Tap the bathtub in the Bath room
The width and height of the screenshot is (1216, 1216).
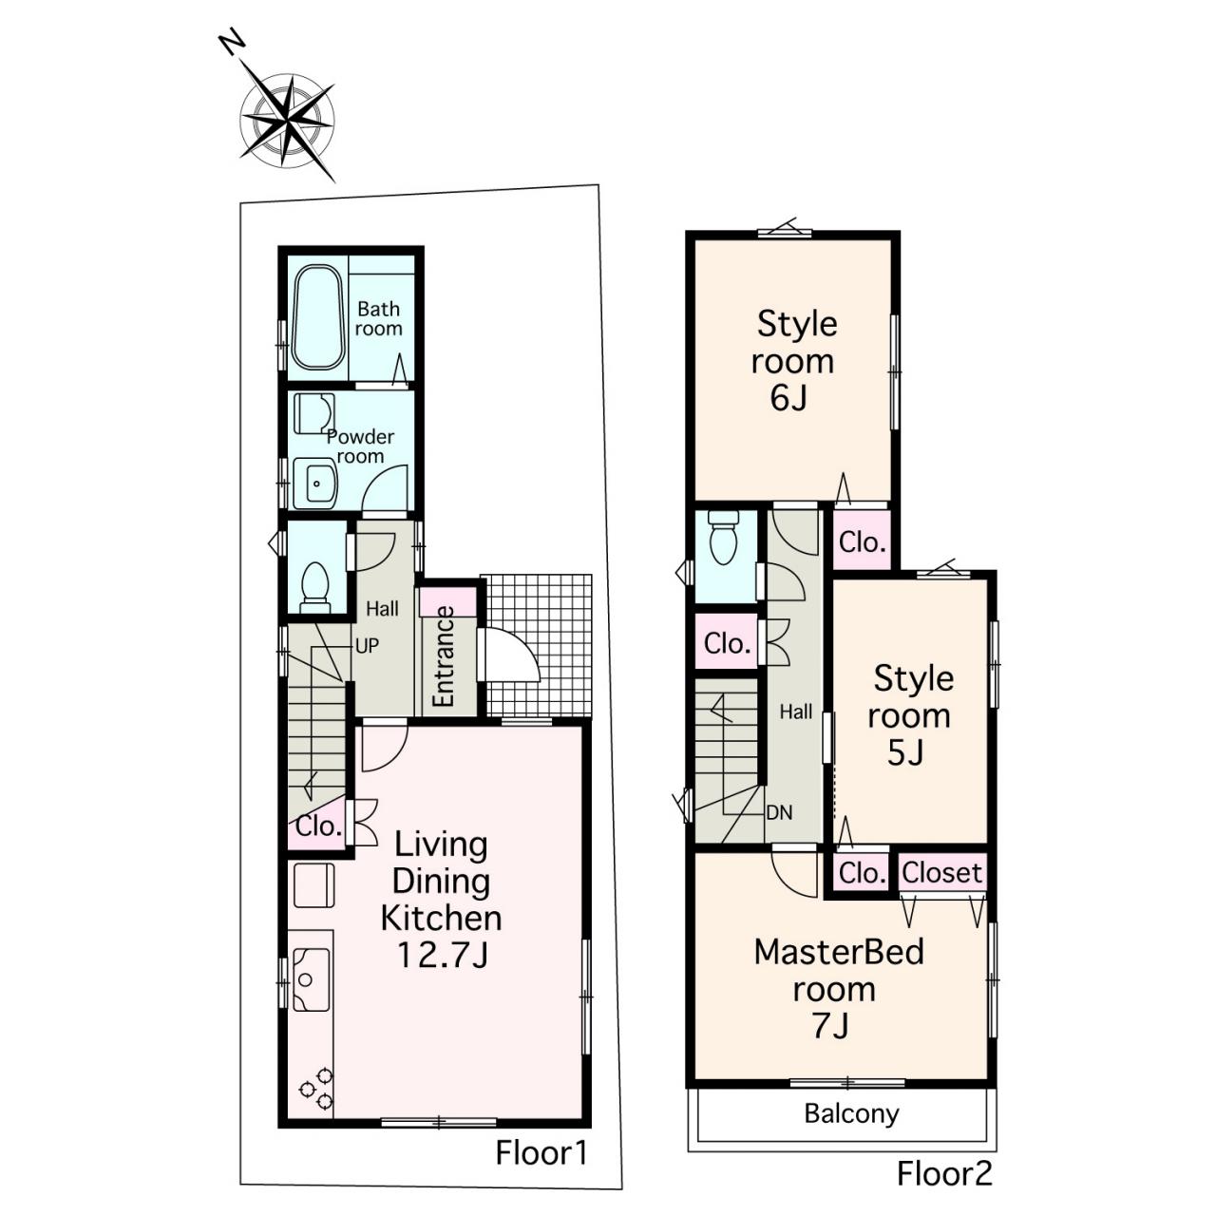(319, 317)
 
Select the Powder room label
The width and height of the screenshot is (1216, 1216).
(360, 446)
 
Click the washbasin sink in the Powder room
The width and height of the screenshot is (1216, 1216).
(315, 483)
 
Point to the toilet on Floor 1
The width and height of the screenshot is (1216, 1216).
(315, 587)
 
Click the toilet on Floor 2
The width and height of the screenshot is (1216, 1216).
(723, 537)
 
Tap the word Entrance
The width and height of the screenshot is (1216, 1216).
(445, 656)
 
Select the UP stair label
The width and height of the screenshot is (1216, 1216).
(368, 646)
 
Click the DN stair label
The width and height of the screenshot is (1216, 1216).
(779, 813)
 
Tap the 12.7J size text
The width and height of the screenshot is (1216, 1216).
(443, 956)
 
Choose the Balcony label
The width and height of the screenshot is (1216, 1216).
(852, 1113)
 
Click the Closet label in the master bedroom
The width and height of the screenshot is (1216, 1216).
(942, 873)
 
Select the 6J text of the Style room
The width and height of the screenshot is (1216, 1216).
(788, 398)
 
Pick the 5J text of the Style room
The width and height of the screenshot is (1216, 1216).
(906, 752)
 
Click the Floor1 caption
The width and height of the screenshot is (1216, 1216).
(542, 1153)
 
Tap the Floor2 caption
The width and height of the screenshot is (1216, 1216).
(945, 1173)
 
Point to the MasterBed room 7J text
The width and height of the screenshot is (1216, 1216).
(838, 989)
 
